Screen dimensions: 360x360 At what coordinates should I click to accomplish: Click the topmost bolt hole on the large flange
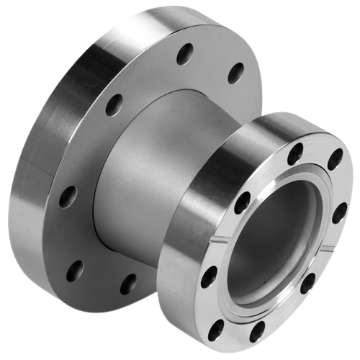[x=185, y=53]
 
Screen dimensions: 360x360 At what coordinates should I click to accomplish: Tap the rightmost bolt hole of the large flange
[x=235, y=73]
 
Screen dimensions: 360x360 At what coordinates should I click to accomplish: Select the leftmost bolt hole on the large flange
[x=68, y=196]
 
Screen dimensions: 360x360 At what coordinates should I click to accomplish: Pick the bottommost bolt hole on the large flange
[x=128, y=284]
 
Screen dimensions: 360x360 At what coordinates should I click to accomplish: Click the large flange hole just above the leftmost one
[x=114, y=104]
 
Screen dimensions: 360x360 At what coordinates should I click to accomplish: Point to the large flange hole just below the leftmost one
[x=75, y=271]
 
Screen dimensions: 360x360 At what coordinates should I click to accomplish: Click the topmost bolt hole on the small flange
[x=295, y=153]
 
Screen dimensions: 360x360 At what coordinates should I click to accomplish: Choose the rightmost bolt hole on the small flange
[x=339, y=213]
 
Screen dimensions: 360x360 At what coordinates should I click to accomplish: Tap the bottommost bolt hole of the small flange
[x=257, y=333]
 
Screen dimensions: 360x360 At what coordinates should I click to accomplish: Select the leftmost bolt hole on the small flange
[x=210, y=276]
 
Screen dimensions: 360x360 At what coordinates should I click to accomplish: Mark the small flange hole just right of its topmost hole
[x=334, y=158]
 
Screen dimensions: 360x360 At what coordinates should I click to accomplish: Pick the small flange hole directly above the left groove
[x=243, y=202]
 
